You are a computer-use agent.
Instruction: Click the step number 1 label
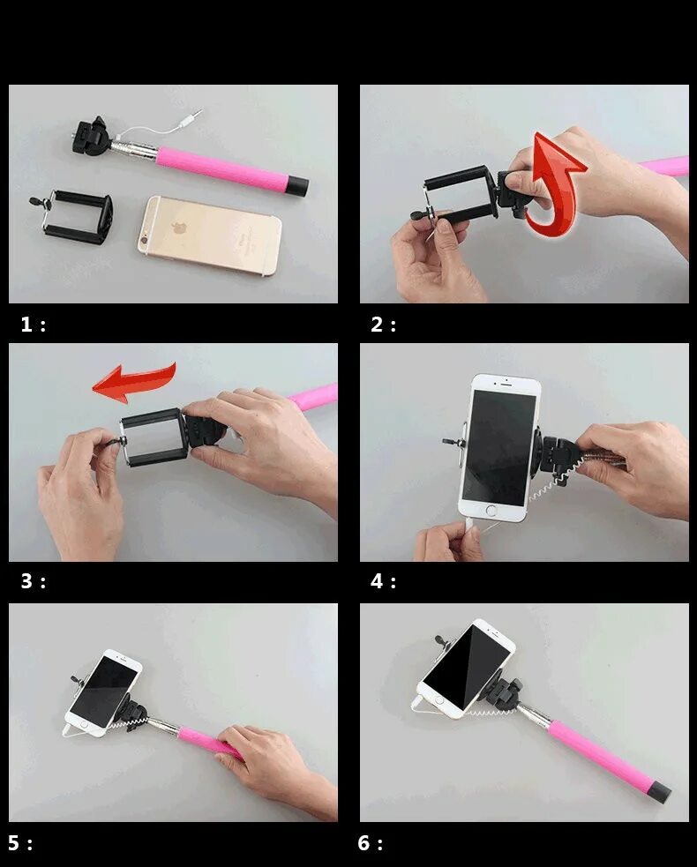[x=33, y=324]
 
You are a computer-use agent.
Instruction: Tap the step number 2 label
[x=383, y=324]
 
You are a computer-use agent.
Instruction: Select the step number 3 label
[x=33, y=581]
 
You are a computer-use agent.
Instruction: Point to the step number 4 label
[x=383, y=581]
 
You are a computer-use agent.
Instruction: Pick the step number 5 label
[x=20, y=842]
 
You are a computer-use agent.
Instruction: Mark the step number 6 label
[x=370, y=842]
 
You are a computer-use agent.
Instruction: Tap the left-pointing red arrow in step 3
[x=134, y=382]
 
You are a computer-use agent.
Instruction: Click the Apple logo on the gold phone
[x=177, y=228]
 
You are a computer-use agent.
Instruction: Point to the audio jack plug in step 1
[x=192, y=117]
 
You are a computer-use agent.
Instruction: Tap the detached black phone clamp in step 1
[x=75, y=216]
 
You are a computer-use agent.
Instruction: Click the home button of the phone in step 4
[x=491, y=510]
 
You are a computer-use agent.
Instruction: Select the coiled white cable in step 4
[x=553, y=479]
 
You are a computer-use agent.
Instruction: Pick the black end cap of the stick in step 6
[x=658, y=792]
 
